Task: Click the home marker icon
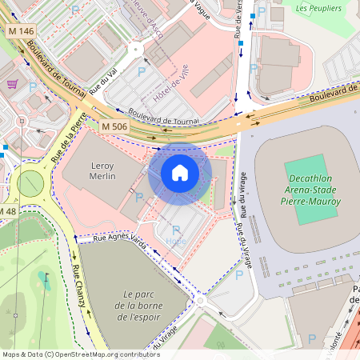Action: click(180, 172)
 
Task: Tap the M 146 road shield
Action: click(22, 31)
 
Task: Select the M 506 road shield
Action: click(115, 126)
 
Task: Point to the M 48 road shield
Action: click(6, 210)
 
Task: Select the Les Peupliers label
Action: click(318, 9)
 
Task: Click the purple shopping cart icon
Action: click(12, 83)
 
